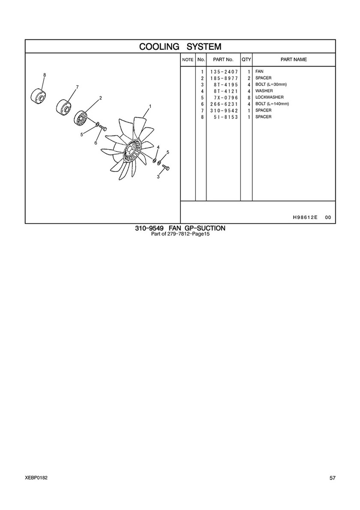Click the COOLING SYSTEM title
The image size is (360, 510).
[x=180, y=46]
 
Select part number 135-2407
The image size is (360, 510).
[x=224, y=72]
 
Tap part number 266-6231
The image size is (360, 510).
[x=224, y=104]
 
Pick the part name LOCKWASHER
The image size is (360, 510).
[x=269, y=97]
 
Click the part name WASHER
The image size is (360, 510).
[x=264, y=91]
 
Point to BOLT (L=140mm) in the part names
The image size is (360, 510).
[x=272, y=104]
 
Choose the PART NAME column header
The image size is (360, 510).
[x=294, y=60]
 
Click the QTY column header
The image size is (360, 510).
[x=246, y=60]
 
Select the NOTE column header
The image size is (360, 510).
[x=188, y=60]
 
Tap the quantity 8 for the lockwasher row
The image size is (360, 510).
[x=249, y=97]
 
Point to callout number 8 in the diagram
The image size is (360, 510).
[x=45, y=75]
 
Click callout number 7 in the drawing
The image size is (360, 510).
[x=77, y=87]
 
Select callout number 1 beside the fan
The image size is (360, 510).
[x=150, y=106]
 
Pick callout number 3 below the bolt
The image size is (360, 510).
[x=158, y=177]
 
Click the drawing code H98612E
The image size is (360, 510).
[x=305, y=217]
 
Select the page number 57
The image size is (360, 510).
[x=333, y=478]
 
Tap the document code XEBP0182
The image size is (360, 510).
[x=36, y=477]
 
